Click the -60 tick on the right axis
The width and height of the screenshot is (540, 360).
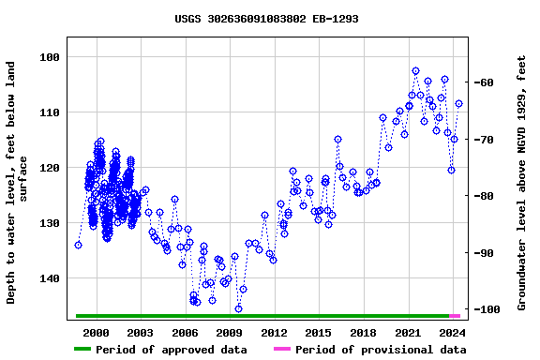(487, 82)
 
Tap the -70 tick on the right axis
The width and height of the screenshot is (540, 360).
(487, 140)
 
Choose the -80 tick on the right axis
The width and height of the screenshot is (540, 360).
(487, 196)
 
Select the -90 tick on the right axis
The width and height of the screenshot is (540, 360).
(487, 253)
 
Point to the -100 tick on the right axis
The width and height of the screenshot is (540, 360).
(490, 309)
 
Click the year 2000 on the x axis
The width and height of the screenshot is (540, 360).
(97, 333)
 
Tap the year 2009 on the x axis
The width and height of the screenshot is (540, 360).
(230, 333)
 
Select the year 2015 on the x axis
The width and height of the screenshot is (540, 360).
(319, 333)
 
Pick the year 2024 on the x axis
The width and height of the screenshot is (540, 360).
(453, 333)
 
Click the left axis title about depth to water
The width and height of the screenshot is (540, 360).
(18, 183)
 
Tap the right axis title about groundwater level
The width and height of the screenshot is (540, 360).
(523, 183)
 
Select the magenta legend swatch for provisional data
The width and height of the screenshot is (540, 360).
(282, 350)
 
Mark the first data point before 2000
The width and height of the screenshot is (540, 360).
(79, 245)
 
